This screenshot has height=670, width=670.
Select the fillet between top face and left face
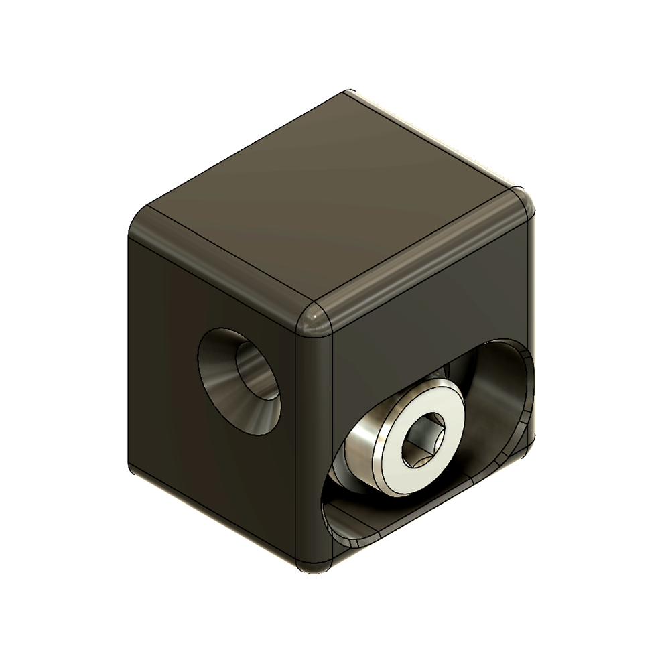click(221, 268)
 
